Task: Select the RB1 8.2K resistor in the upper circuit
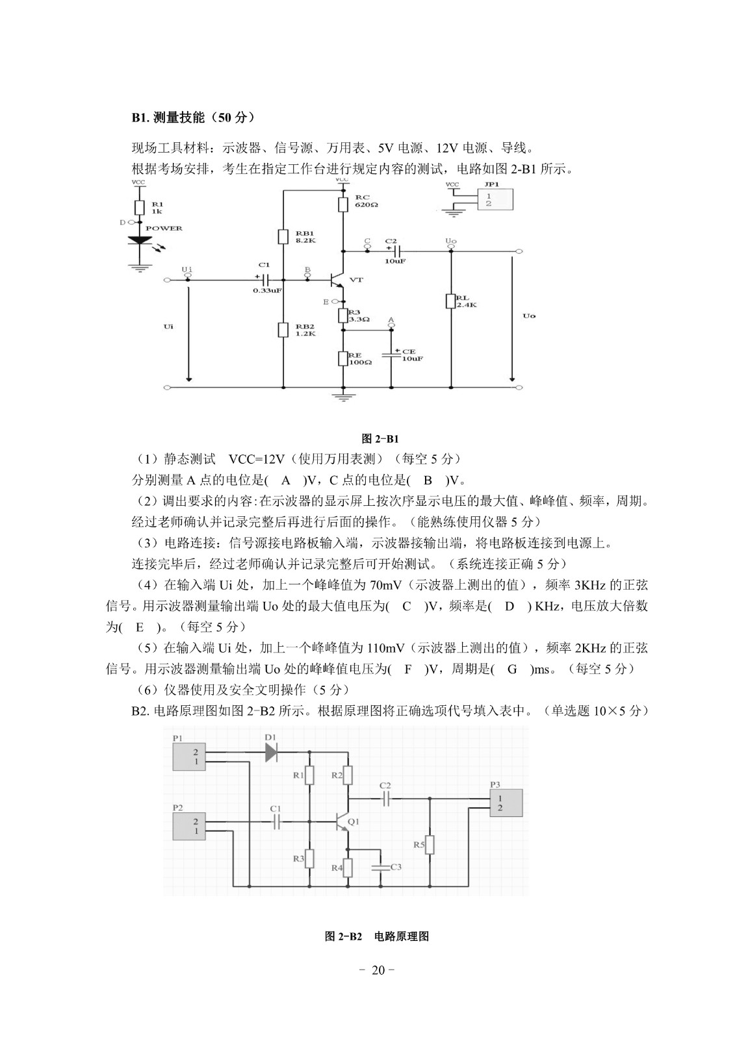(283, 236)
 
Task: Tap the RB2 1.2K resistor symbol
(283, 330)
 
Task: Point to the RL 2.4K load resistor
(450, 301)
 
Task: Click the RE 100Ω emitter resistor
(343, 358)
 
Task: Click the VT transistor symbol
(338, 280)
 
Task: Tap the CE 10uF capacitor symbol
(391, 355)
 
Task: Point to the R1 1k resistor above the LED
(138, 207)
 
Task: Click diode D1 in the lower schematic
(271, 752)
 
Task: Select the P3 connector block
(506, 803)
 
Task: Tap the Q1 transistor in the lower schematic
(342, 821)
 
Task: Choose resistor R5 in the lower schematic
(430, 845)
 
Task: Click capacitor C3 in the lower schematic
(380, 866)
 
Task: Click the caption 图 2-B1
(380, 439)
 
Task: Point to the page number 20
(378, 970)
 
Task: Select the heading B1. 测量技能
(193, 118)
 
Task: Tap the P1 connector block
(189, 757)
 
